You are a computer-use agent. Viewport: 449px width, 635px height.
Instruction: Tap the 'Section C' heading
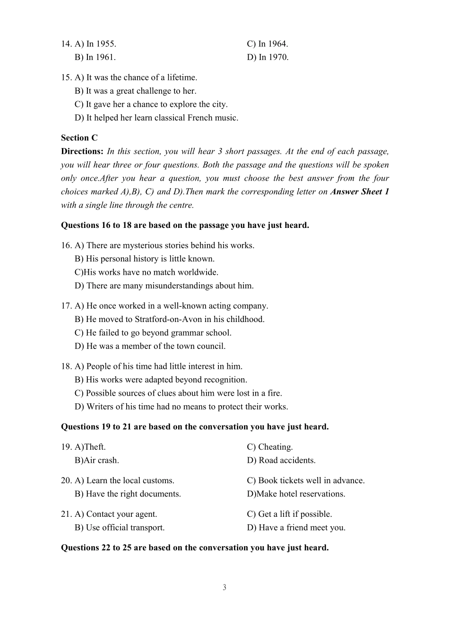point(79,138)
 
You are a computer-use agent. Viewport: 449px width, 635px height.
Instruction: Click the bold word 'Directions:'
point(82,151)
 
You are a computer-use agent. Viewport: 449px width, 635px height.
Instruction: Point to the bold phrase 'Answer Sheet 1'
point(360,191)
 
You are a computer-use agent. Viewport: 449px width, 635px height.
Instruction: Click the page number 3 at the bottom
point(224,587)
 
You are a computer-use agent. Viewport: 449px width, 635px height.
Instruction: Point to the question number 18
point(66,366)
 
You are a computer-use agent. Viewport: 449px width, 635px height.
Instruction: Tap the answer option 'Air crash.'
point(97,460)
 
